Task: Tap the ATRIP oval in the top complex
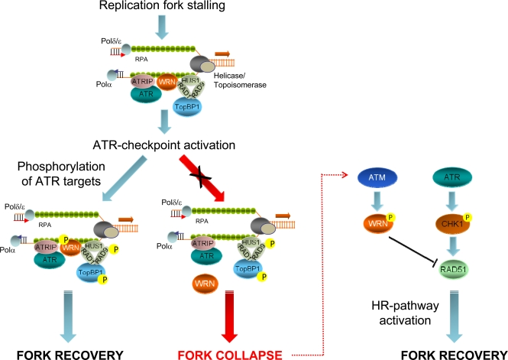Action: point(120,79)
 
